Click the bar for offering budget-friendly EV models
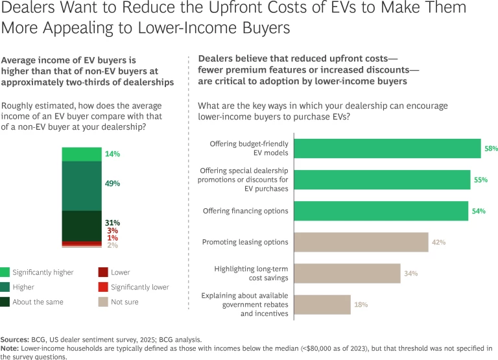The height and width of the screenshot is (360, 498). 387,149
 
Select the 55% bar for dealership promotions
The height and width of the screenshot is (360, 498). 382,180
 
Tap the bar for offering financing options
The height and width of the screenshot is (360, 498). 381,211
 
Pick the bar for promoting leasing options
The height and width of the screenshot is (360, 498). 361,242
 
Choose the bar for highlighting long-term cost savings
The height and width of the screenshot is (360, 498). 347,273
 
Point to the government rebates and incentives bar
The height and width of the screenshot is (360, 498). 322,304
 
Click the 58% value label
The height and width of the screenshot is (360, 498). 491,149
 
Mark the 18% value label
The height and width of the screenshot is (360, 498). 361,304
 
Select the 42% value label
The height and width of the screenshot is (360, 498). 439,242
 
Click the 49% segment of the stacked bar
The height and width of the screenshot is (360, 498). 82,186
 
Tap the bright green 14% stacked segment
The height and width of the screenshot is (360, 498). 82,154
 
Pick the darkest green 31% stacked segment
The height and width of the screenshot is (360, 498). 82,226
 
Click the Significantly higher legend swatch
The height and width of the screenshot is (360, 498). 5,272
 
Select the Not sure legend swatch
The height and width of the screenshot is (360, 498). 103,302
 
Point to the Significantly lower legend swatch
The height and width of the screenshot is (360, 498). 103,287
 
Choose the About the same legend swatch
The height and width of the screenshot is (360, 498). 5,302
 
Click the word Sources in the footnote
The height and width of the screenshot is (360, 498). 14,339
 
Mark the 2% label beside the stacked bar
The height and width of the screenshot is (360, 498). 112,245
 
